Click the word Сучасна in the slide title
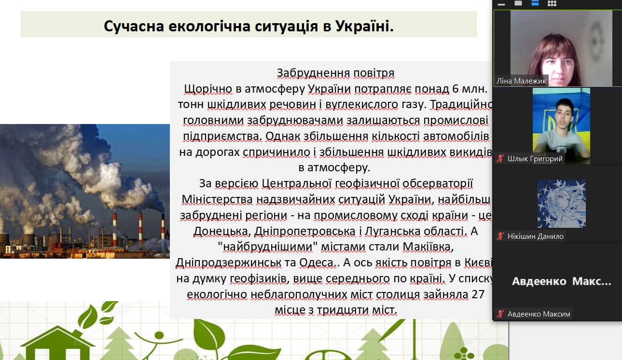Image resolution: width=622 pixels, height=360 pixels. point(134,27)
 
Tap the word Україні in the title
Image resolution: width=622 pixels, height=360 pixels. point(364,26)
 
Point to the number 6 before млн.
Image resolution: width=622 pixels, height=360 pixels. point(455,89)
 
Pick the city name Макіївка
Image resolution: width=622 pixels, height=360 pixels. point(428,247)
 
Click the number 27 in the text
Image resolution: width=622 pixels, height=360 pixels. point(478,294)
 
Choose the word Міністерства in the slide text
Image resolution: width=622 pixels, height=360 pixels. point(217,200)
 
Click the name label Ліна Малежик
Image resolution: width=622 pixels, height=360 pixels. point(521,81)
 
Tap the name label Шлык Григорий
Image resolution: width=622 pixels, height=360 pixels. point(535,159)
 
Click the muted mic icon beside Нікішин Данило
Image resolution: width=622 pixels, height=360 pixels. point(500,236)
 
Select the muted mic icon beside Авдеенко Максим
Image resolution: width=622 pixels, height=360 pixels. point(500,314)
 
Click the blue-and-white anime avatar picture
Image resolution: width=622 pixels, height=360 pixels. point(562,204)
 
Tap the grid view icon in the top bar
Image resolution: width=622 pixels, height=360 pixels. point(552,3)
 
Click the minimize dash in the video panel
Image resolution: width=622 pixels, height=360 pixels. point(501,4)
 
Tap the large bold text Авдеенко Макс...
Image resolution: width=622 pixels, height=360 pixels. point(562,281)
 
